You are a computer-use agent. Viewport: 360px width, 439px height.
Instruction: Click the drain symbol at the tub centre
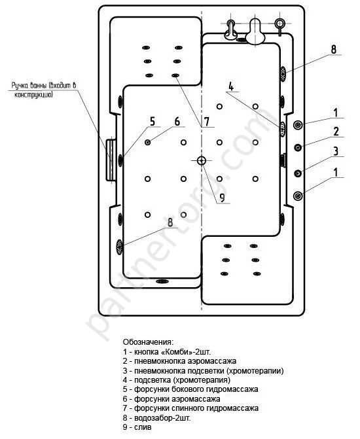202,161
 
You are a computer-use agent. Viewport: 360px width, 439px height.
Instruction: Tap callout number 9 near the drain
222,197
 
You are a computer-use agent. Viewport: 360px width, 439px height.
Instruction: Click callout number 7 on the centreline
207,122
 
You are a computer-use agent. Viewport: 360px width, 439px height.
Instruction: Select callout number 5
152,122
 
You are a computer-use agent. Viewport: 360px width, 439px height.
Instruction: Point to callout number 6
177,122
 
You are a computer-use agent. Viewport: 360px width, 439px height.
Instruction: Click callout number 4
231,86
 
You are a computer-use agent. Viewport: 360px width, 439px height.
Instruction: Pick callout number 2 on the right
336,132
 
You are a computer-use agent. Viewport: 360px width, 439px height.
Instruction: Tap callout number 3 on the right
336,151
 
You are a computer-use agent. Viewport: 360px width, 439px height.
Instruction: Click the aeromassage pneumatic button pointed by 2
298,147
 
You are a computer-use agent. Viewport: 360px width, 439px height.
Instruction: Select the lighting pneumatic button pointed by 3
298,173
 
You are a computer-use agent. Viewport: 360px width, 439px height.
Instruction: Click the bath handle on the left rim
111,160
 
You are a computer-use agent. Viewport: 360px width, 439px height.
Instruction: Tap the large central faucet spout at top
255,31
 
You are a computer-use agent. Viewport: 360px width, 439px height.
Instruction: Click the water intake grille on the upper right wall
283,74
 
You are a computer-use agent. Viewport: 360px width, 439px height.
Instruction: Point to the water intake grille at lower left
120,247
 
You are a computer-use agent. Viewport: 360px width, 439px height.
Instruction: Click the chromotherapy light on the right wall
283,129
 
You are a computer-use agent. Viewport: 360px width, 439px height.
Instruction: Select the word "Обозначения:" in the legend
148,342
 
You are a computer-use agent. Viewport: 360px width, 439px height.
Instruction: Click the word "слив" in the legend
143,427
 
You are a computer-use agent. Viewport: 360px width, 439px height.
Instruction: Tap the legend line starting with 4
177,380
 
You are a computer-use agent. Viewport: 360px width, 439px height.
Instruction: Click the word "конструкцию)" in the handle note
33,95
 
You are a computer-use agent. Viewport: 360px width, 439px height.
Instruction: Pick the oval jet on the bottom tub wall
162,281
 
